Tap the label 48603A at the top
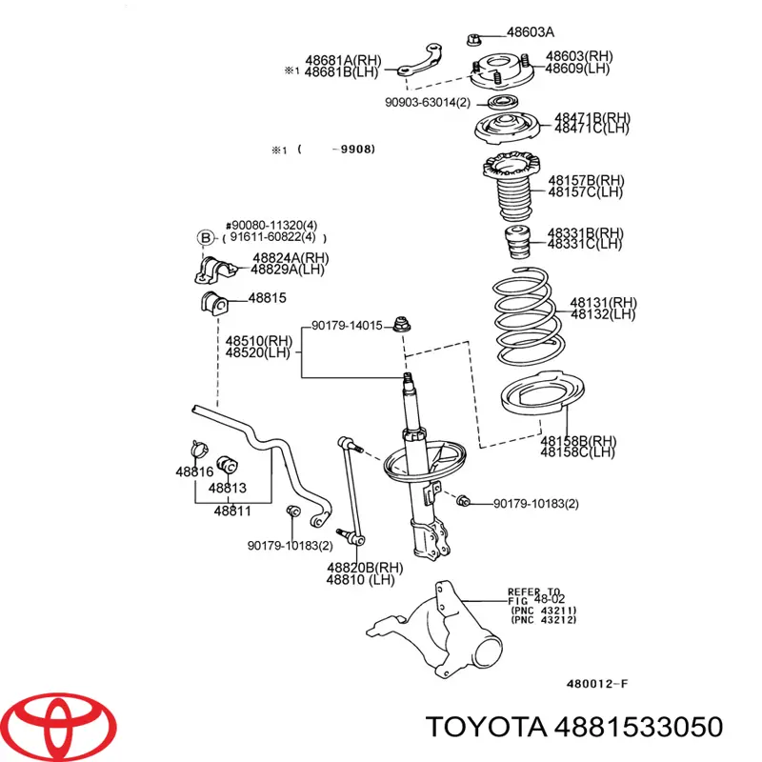(531, 32)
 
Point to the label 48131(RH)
(603, 302)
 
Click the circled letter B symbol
(204, 238)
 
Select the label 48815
(268, 298)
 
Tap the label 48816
(193, 472)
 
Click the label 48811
(231, 511)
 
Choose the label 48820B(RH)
(364, 567)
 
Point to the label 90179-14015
(347, 326)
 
